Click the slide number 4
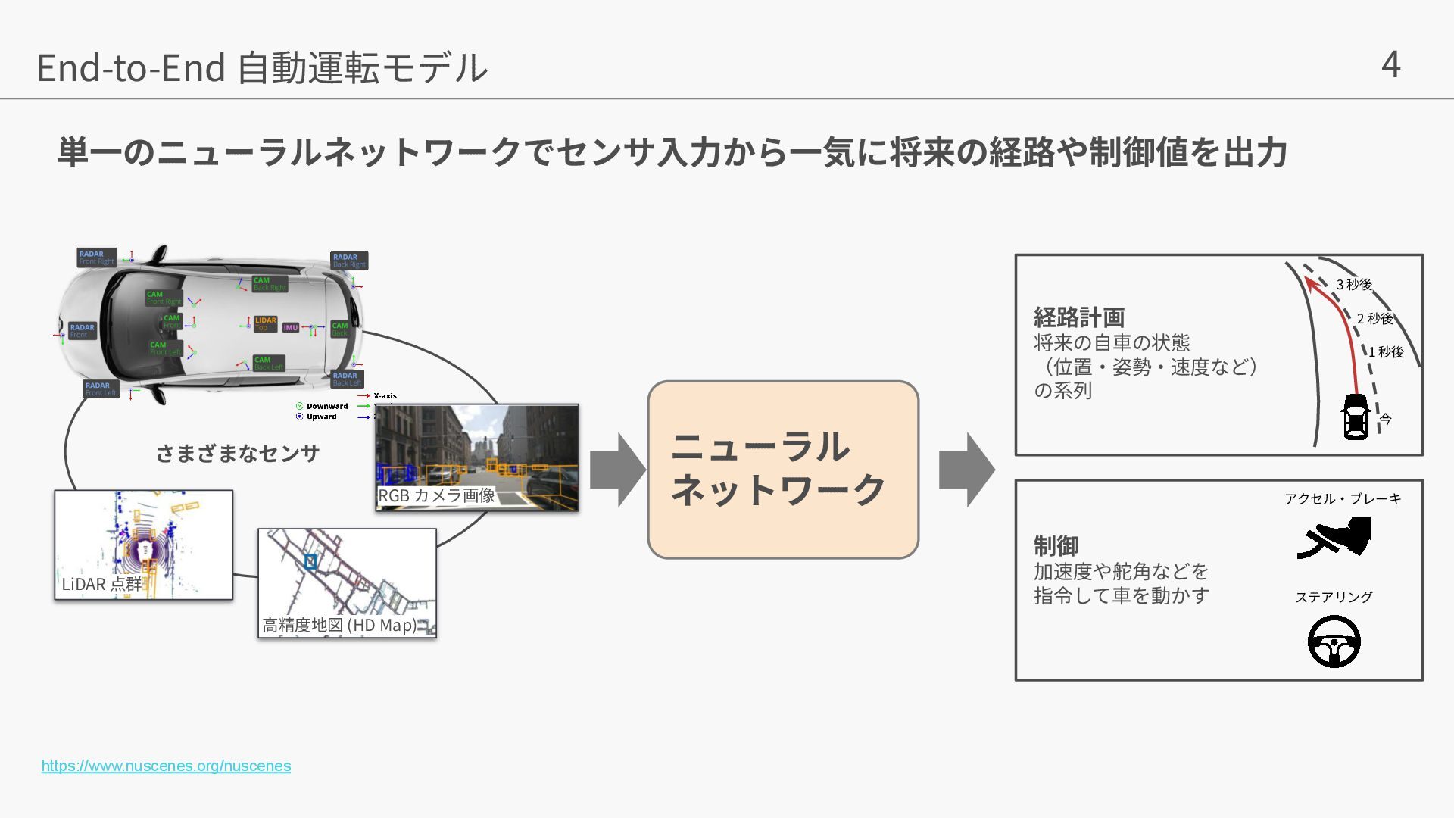(1390, 65)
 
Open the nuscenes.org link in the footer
(166, 766)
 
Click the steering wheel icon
(1334, 642)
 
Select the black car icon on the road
(1356, 417)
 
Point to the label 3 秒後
(1354, 285)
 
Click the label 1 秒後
(1386, 352)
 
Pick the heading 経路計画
(1079, 317)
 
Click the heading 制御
(1056, 545)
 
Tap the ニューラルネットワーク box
(783, 470)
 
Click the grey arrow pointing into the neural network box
(617, 470)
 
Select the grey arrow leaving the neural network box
(966, 470)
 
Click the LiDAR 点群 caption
(101, 584)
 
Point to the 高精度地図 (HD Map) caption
(339, 625)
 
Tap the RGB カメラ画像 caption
(436, 495)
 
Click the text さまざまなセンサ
(238, 454)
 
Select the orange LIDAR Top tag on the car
(265, 324)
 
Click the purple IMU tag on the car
(291, 328)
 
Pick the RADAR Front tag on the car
(82, 331)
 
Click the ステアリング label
(1334, 597)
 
